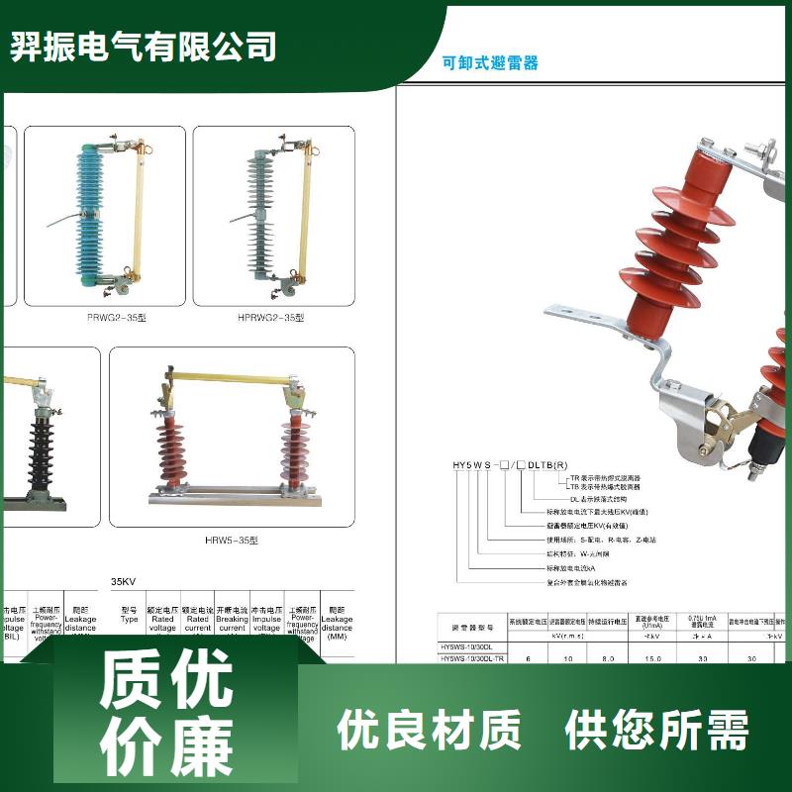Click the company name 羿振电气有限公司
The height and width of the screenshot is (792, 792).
[144, 47]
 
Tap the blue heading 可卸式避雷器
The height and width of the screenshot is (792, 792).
[491, 62]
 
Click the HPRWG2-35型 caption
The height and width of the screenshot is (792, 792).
[270, 318]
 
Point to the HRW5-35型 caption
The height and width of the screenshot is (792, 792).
[231, 540]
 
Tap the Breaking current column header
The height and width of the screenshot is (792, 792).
[232, 620]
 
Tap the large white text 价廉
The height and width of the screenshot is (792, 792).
[165, 744]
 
